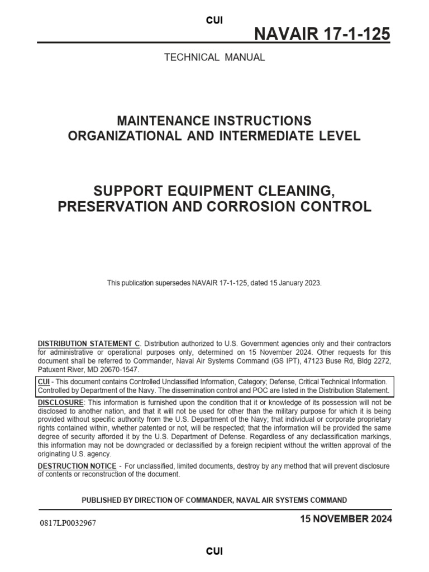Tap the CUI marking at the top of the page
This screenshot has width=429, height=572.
tap(214, 20)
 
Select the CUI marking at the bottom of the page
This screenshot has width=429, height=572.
tap(214, 551)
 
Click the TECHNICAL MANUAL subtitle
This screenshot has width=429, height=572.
tap(214, 57)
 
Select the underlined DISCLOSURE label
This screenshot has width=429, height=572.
tap(60, 403)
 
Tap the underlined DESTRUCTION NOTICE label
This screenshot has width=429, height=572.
tap(77, 466)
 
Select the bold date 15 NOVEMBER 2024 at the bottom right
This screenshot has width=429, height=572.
tap(346, 519)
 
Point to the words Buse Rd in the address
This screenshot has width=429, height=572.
tap(324, 361)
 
